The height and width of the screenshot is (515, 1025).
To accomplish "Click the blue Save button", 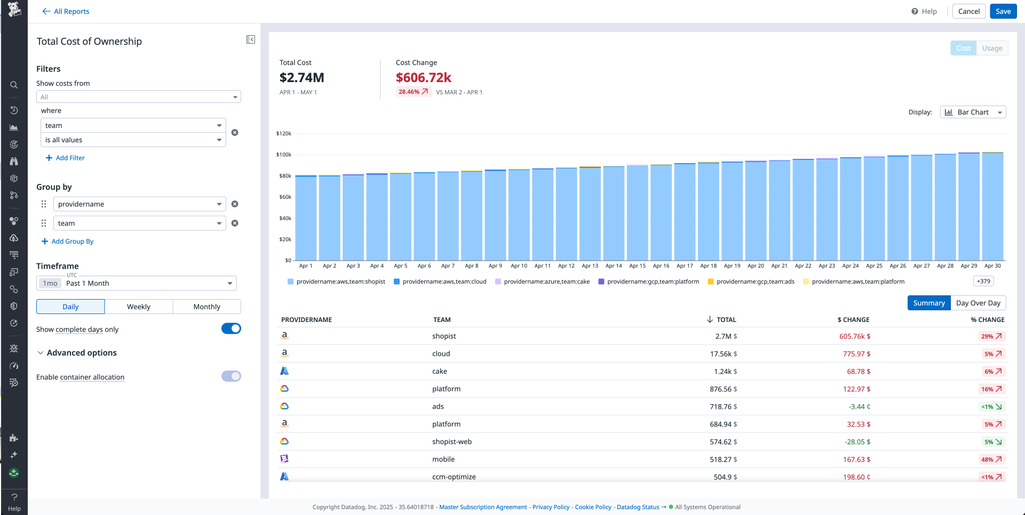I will [x=1003, y=11].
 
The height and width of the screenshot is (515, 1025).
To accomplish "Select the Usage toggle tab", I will [x=992, y=48].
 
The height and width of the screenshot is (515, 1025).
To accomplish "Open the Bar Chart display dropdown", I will [x=973, y=112].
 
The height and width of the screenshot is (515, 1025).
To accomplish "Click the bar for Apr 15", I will [x=637, y=213].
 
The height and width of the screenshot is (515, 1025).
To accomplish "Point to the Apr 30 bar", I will [x=992, y=208].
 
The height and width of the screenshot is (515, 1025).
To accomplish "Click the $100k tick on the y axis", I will [x=284, y=155].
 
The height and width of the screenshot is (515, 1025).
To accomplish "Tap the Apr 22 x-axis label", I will [x=803, y=265].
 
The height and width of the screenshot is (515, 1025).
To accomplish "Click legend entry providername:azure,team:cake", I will [x=546, y=281].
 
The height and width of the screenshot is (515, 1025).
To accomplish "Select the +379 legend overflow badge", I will [x=983, y=281].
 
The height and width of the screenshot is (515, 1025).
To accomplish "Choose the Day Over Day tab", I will [x=978, y=303].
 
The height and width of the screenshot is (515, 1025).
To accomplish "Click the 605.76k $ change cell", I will [x=854, y=336].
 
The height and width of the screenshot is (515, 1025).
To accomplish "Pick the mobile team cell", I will [x=443, y=459].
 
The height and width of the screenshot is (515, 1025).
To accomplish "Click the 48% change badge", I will [x=991, y=460].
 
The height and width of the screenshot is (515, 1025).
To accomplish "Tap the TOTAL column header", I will [x=726, y=320].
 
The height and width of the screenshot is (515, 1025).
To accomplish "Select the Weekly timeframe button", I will [x=139, y=307].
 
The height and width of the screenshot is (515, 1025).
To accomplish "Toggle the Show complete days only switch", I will [x=231, y=328].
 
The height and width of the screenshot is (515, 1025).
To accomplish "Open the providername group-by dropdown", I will [x=139, y=204].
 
